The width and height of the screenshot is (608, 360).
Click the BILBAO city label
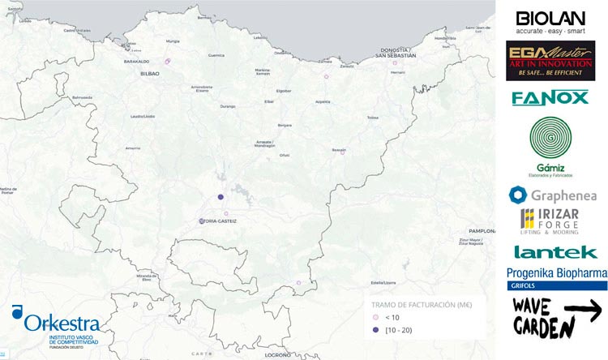tap(150, 73)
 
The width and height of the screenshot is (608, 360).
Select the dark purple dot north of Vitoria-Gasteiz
tap(220, 197)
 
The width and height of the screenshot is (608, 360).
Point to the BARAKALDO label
tap(136, 61)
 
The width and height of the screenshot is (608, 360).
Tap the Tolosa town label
tap(373, 117)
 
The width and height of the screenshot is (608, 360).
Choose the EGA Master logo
tap(550, 61)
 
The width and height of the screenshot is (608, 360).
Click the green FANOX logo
tap(550, 98)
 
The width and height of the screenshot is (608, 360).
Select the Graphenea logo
tap(552, 195)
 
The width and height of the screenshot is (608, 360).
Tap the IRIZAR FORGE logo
tap(551, 221)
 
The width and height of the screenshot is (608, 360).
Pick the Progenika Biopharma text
tap(556, 274)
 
